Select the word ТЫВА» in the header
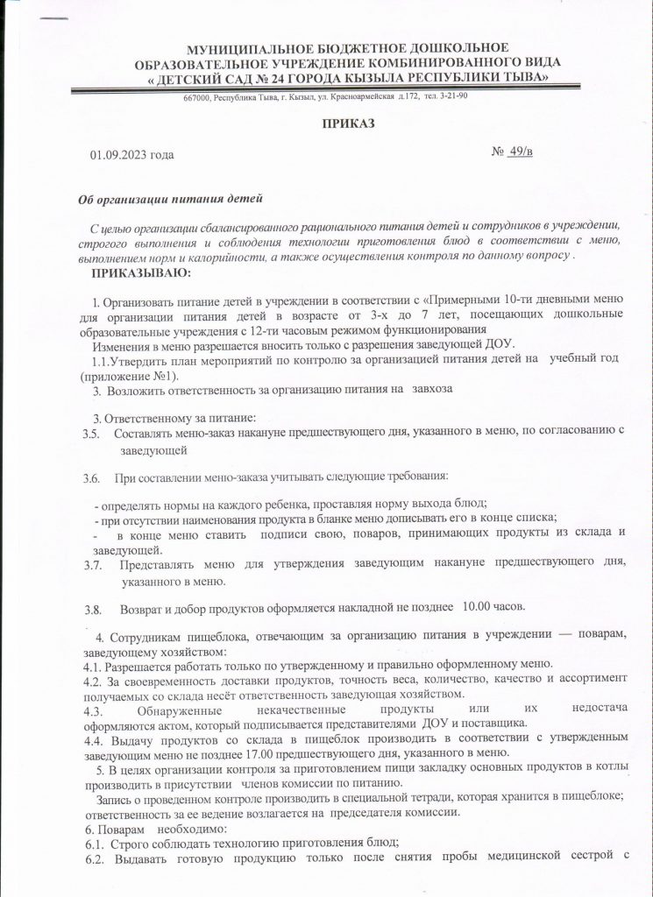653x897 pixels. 522,77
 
